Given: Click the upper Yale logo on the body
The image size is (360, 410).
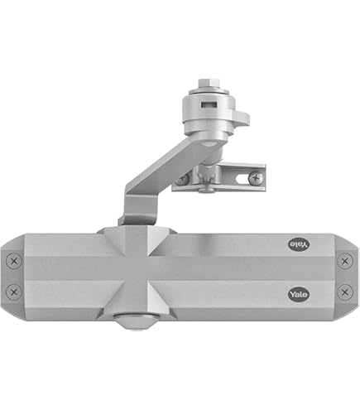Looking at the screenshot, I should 297,244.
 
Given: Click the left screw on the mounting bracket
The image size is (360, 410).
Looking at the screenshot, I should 183,178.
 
